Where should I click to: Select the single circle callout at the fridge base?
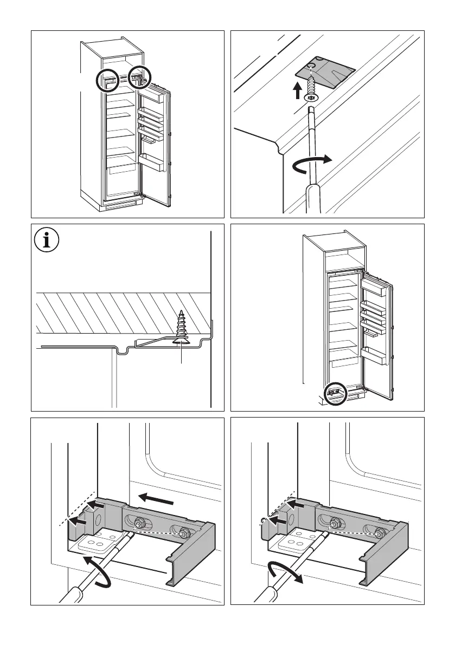coord(335,394)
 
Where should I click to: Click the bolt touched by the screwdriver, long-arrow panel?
coord(139,525)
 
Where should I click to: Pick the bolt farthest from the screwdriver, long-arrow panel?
coord(183,532)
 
